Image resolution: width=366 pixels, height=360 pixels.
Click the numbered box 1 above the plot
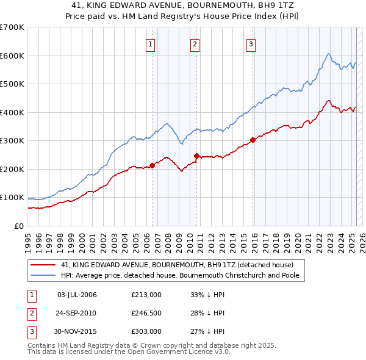point(150,43)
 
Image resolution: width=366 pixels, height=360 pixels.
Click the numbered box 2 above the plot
point(195,43)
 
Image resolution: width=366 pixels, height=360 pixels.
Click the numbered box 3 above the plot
point(251,43)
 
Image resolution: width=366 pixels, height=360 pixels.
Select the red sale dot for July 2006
point(152,165)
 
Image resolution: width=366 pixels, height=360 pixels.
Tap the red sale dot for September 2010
point(196,156)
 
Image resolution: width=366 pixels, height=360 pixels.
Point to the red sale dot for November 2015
point(253,140)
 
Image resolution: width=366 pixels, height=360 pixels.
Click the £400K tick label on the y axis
point(12,112)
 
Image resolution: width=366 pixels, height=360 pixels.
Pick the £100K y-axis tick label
point(12,198)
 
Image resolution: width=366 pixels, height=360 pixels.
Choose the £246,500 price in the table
point(146,313)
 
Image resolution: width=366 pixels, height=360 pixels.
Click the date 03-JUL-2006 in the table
point(77,295)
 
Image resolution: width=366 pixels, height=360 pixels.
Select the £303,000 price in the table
point(146,331)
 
